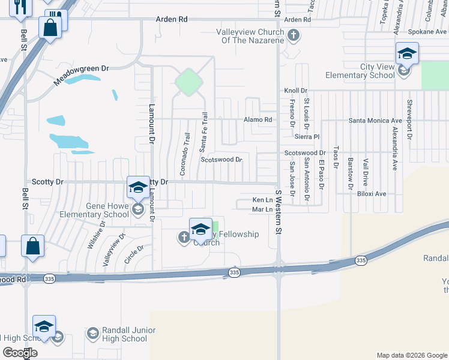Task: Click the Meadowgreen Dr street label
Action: (x=82, y=76)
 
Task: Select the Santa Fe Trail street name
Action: (x=203, y=131)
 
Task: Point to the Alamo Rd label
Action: (x=258, y=119)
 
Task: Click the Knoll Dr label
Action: (x=295, y=91)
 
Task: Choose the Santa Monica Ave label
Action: (x=376, y=120)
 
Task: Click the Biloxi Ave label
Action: (x=372, y=194)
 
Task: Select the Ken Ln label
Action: (x=262, y=199)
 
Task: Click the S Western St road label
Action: (x=279, y=212)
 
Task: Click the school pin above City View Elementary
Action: (x=406, y=54)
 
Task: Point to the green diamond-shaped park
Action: (x=188, y=82)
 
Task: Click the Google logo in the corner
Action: (x=20, y=353)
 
